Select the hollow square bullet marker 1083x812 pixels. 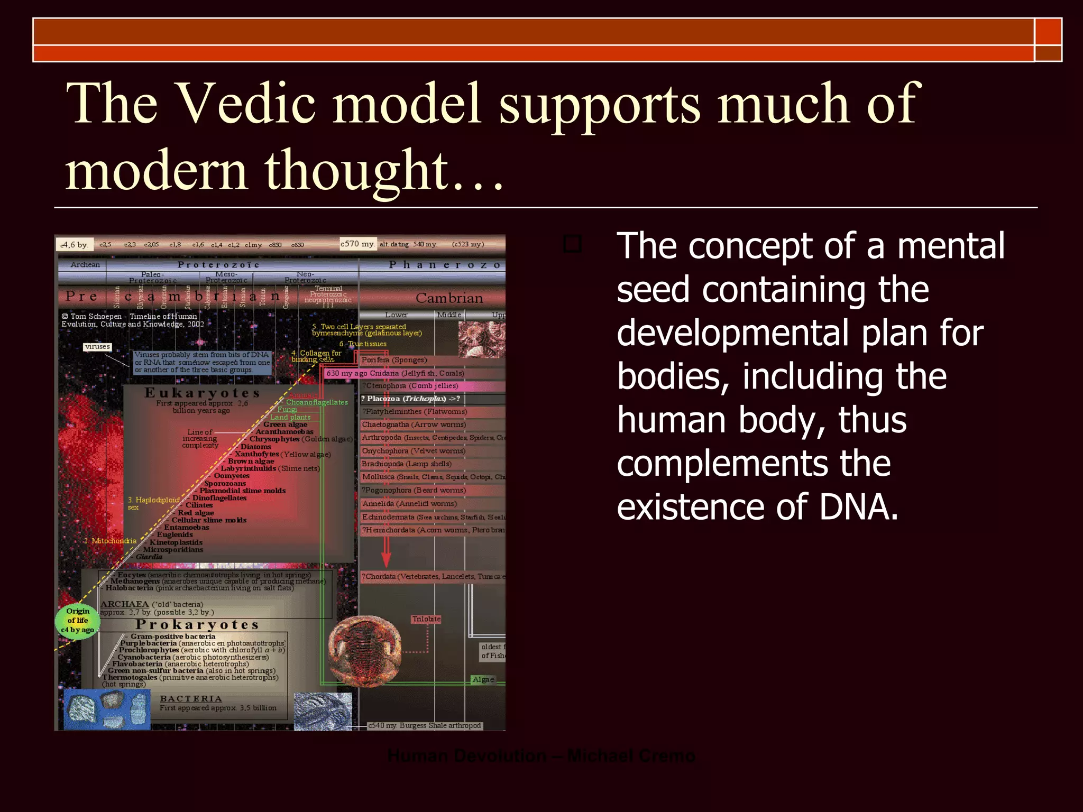(x=572, y=244)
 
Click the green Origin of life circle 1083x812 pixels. (x=78, y=621)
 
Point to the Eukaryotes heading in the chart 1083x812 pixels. (x=203, y=393)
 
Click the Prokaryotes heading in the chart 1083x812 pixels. (x=197, y=625)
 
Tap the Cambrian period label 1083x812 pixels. (x=449, y=298)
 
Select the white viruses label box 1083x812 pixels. (x=97, y=347)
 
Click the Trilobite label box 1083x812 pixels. (x=426, y=619)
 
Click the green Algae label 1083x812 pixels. (x=483, y=679)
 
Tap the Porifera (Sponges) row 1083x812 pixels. (x=394, y=360)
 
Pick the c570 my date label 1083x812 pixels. (x=357, y=244)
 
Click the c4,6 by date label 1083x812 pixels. (x=74, y=245)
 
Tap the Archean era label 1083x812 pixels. (x=85, y=264)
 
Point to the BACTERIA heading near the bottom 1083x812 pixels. (x=191, y=699)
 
